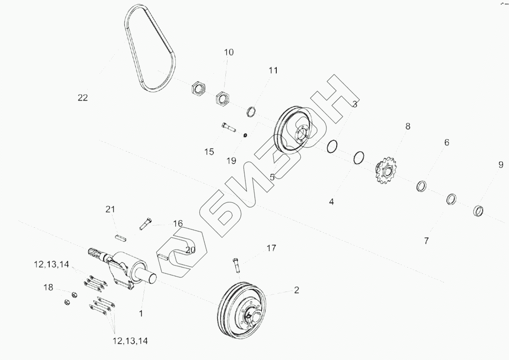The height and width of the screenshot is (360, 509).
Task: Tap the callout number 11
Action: [273, 71]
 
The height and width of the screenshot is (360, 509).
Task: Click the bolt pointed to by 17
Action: [237, 265]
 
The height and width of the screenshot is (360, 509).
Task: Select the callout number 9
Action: [500, 165]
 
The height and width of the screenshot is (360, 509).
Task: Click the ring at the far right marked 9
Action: [478, 211]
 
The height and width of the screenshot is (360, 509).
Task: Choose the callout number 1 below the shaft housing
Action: [141, 313]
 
